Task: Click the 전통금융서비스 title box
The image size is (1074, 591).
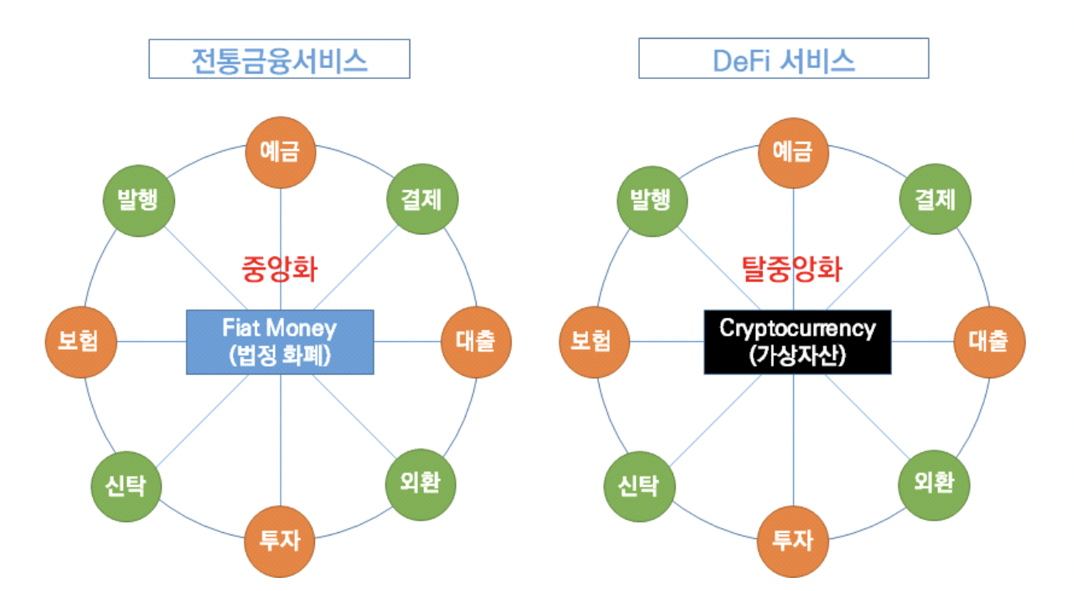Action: pyautogui.click(x=279, y=60)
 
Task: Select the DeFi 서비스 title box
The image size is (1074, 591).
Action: pyautogui.click(x=783, y=60)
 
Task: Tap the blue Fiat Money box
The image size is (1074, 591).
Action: pyautogui.click(x=280, y=342)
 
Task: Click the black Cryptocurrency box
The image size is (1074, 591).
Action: pyautogui.click(x=798, y=342)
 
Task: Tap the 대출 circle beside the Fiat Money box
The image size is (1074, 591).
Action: pyautogui.click(x=476, y=341)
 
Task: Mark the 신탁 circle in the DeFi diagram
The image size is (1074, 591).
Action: pyautogui.click(x=639, y=486)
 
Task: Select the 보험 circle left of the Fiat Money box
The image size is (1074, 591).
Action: pyautogui.click(x=81, y=341)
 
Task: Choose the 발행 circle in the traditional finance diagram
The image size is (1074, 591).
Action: pyautogui.click(x=139, y=200)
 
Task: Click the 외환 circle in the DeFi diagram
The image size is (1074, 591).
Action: pyautogui.click(x=934, y=484)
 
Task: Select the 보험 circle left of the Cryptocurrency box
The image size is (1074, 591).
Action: pyautogui.click(x=593, y=341)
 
